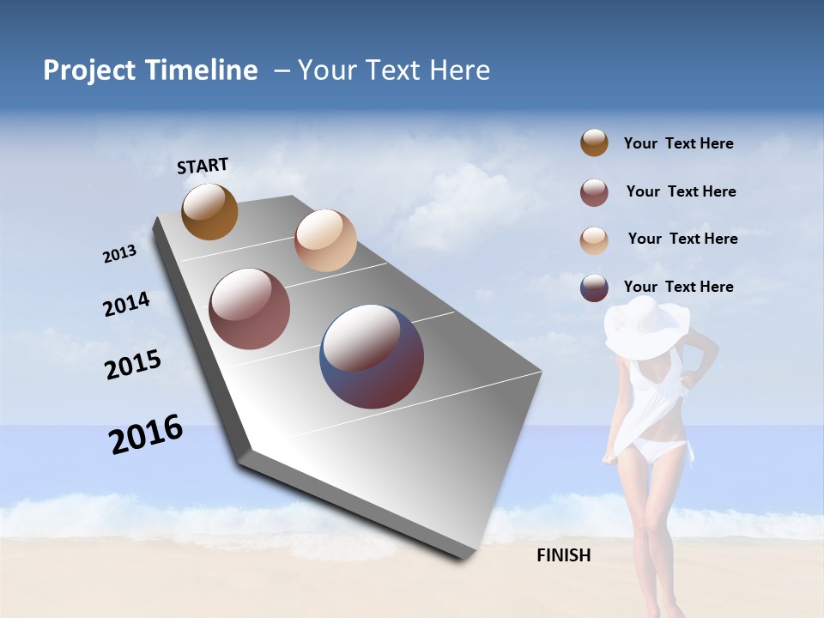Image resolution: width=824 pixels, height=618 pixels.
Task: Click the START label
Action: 203,166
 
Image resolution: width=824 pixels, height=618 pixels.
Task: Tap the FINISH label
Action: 563,555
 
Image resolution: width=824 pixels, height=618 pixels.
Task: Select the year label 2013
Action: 119,254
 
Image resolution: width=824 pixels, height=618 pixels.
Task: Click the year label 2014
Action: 126,305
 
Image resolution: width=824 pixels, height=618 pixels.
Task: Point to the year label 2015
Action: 132,365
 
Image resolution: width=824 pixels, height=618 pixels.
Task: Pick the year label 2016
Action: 146,434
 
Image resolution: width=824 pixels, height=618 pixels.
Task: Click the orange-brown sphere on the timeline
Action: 209,211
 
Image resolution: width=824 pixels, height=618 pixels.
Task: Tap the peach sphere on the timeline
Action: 325,240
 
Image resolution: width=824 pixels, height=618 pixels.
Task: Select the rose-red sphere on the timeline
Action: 249,309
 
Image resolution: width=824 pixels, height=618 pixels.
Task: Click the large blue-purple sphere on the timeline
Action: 372,356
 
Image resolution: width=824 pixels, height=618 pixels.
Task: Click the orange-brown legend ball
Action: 594,142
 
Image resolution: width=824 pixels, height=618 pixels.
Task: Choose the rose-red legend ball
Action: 594,192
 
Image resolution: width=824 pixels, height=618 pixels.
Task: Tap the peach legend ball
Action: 594,240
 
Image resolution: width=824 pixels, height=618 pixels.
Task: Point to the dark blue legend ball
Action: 594,288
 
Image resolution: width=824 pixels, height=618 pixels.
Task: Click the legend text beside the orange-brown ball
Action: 678,143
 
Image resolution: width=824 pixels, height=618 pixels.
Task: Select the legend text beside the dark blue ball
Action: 678,287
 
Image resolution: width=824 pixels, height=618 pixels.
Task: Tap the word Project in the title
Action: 88,70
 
